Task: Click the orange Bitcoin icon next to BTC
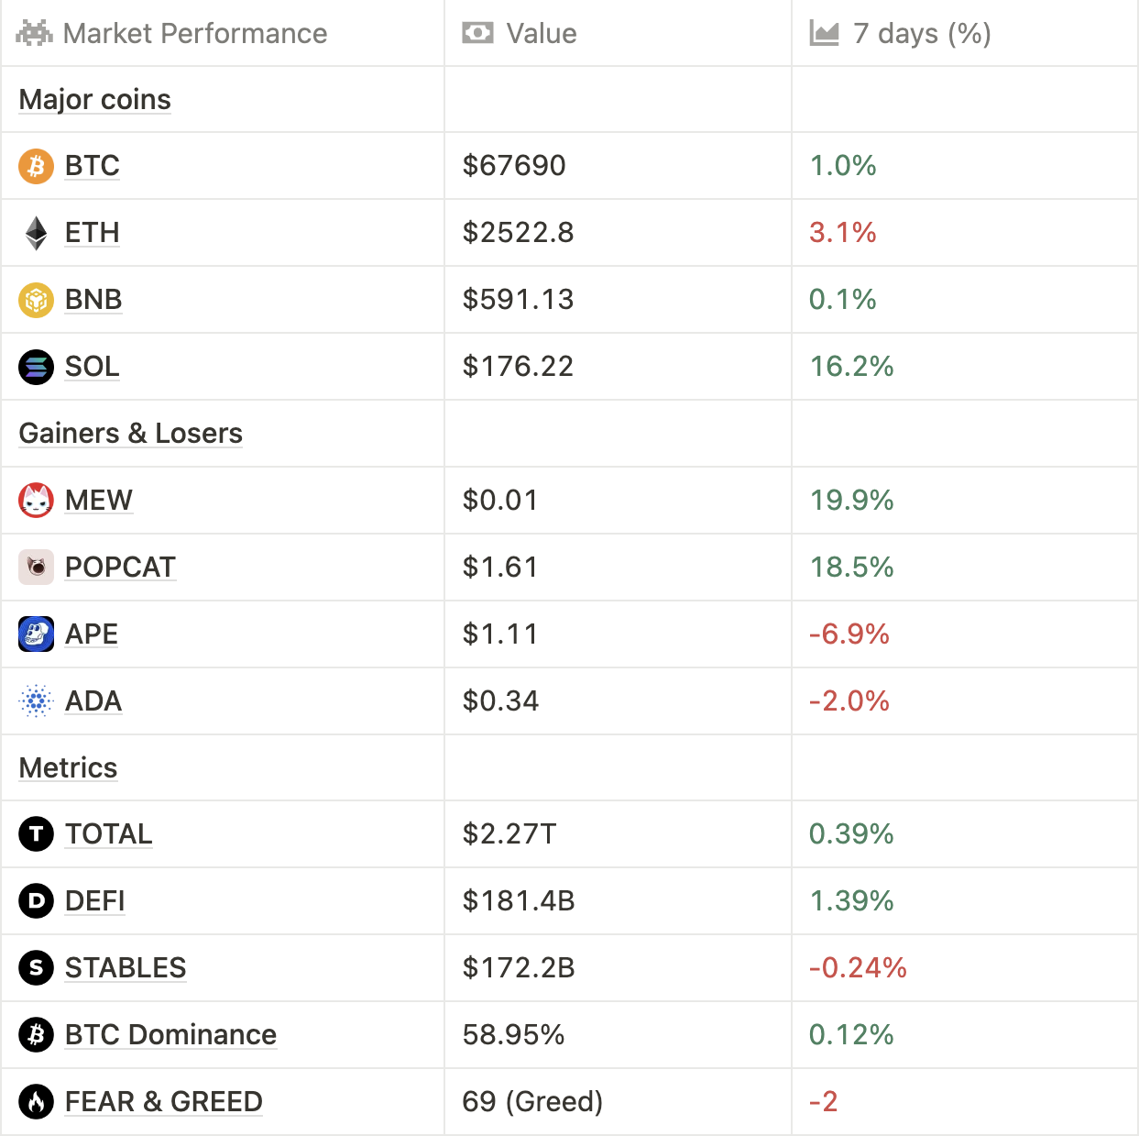pyautogui.click(x=36, y=166)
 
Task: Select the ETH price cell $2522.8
pyautogui.click(x=518, y=233)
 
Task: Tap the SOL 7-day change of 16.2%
pyautogui.click(x=851, y=367)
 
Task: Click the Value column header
pyautogui.click(x=541, y=34)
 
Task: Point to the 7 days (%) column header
pyautogui.click(x=921, y=34)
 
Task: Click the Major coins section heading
pyautogui.click(x=95, y=100)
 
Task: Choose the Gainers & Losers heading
pyautogui.click(x=131, y=434)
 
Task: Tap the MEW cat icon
pyautogui.click(x=36, y=501)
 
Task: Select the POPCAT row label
pyautogui.click(x=120, y=568)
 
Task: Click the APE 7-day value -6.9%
pyautogui.click(x=849, y=634)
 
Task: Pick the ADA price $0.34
pyautogui.click(x=500, y=701)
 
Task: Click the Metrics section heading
pyautogui.click(x=69, y=768)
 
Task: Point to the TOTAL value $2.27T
pyautogui.click(x=509, y=834)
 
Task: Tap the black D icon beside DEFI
pyautogui.click(x=36, y=901)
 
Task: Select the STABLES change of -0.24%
pyautogui.click(x=858, y=968)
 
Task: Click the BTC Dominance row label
pyautogui.click(x=170, y=1035)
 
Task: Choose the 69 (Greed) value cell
pyautogui.click(x=532, y=1102)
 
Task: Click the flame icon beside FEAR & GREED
pyautogui.click(x=36, y=1102)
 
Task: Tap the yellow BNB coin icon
pyautogui.click(x=36, y=300)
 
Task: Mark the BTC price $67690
pyautogui.click(x=514, y=166)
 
